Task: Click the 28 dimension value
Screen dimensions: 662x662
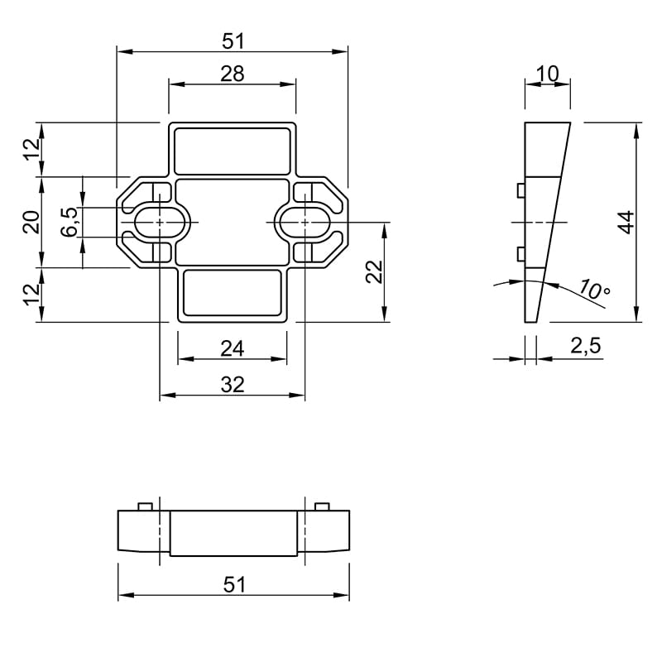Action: tap(233, 74)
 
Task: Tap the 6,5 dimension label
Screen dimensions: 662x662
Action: tap(70, 222)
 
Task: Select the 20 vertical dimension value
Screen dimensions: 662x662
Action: tap(31, 222)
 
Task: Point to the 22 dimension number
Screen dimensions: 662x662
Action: tap(374, 272)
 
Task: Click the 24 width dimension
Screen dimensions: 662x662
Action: tap(233, 349)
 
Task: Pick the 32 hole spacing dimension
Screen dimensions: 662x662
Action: tap(233, 385)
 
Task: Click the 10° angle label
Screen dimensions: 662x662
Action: tap(594, 290)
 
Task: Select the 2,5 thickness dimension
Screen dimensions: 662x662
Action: tap(585, 346)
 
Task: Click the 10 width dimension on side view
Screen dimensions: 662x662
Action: tap(547, 74)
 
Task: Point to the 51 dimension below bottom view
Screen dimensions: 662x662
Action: tap(234, 585)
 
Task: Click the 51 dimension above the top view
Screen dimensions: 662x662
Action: tap(233, 41)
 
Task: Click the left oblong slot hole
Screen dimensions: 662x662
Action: tap(160, 222)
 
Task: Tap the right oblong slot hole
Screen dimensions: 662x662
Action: tap(305, 222)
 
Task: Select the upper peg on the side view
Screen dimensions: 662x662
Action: tap(520, 190)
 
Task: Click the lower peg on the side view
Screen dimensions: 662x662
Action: tap(520, 254)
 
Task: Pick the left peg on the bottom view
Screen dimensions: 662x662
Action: tap(145, 506)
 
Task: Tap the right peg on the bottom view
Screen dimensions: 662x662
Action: tap(322, 506)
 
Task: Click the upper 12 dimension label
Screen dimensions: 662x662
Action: tap(31, 150)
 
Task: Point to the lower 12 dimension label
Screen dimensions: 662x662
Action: tap(31, 295)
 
